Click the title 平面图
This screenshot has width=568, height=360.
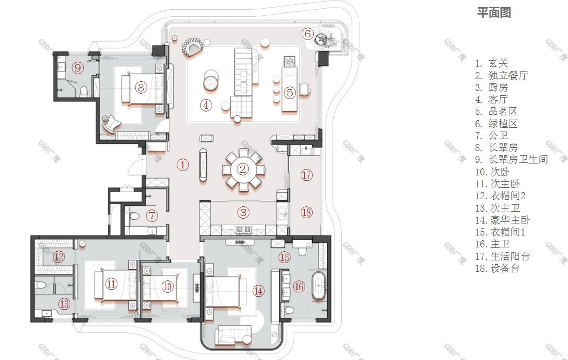[494, 12]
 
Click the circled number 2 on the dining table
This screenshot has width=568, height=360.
[243, 169]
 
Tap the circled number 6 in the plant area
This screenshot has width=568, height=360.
[308, 34]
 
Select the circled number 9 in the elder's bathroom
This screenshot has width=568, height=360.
[78, 68]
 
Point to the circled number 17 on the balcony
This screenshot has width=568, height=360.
[307, 175]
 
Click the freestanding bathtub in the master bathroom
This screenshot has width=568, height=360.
[319, 285]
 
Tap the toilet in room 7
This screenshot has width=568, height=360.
[134, 217]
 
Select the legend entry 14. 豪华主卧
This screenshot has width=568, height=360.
[503, 220]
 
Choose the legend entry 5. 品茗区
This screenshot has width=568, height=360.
[496, 112]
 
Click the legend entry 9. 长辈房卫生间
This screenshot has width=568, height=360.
[512, 160]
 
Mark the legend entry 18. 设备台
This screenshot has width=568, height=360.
[497, 269]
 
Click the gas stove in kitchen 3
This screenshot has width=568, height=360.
[243, 230]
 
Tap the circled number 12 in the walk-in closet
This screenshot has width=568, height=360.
[59, 257]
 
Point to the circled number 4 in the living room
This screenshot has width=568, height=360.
[206, 105]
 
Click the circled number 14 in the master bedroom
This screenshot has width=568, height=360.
[258, 290]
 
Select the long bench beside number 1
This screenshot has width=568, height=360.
[203, 165]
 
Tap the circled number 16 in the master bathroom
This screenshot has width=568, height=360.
[299, 287]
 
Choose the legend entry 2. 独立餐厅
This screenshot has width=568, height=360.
[501, 75]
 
